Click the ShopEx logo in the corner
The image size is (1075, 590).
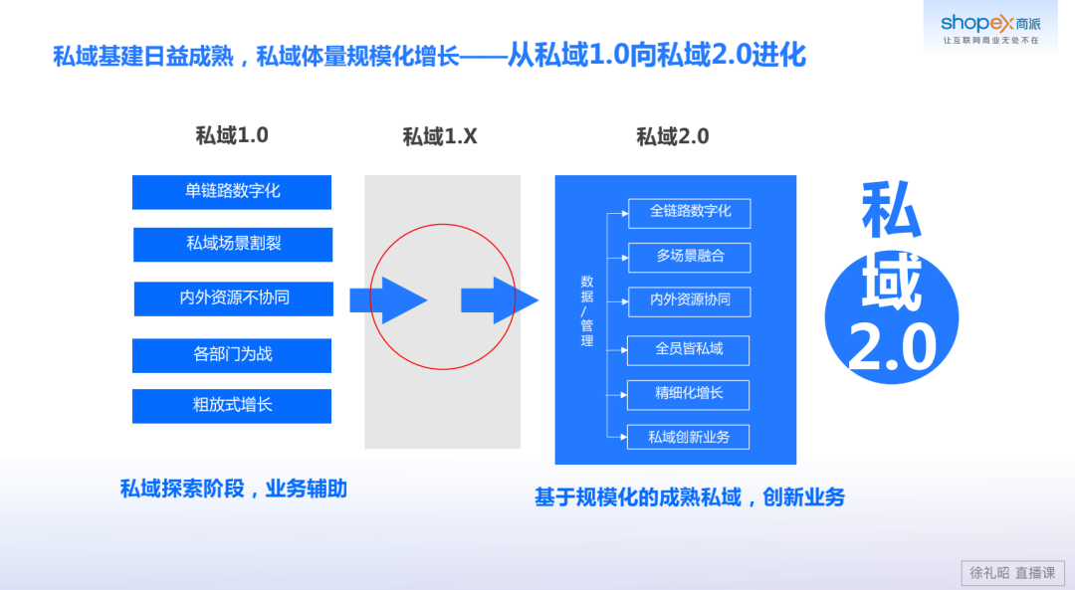coord(989,27)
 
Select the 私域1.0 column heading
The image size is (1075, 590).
coord(232,135)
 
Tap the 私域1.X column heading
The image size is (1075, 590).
coord(440,136)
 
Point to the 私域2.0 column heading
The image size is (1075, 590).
coord(673,136)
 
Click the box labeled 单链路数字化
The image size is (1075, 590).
coord(232,192)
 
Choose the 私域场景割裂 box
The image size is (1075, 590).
coord(233,244)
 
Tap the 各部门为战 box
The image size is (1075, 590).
coord(232,354)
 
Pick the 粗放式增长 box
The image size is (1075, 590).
coord(232,405)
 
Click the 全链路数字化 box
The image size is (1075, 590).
coord(689,213)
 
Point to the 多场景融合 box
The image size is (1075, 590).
coord(689,257)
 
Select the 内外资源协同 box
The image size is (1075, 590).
coord(689,300)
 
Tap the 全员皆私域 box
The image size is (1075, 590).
coord(689,349)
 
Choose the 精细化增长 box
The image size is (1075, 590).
coord(689,394)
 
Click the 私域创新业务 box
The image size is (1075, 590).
coord(689,437)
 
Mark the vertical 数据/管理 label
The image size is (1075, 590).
coord(587,311)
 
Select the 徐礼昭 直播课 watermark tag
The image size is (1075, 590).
coord(1012,572)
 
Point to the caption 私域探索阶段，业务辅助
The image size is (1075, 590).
coord(234,489)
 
